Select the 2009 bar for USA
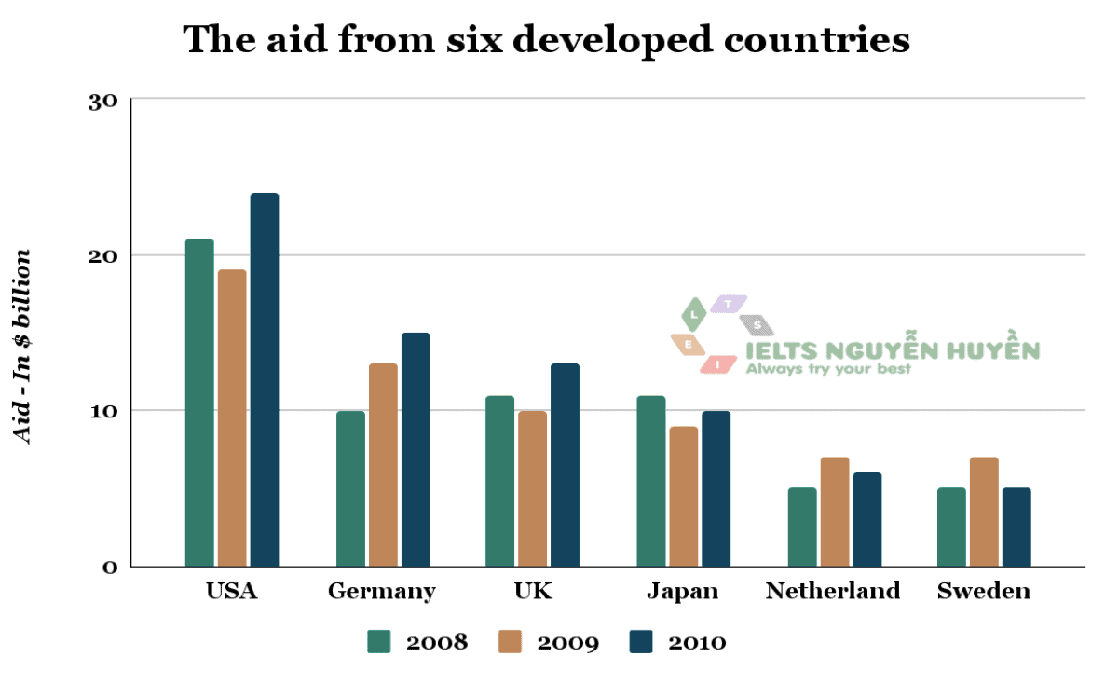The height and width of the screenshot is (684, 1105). point(232,418)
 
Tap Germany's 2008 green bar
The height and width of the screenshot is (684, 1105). point(350,488)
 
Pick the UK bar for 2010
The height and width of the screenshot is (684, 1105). point(565,465)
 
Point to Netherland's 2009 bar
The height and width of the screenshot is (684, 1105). point(834,512)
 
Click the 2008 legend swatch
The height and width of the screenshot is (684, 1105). point(378,642)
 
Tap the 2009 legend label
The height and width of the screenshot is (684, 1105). point(568,642)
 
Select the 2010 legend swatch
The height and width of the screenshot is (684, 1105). point(642,642)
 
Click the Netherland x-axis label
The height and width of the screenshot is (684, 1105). point(833,592)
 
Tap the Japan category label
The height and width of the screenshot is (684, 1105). point(683,592)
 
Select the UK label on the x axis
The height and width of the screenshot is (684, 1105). point(533,592)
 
